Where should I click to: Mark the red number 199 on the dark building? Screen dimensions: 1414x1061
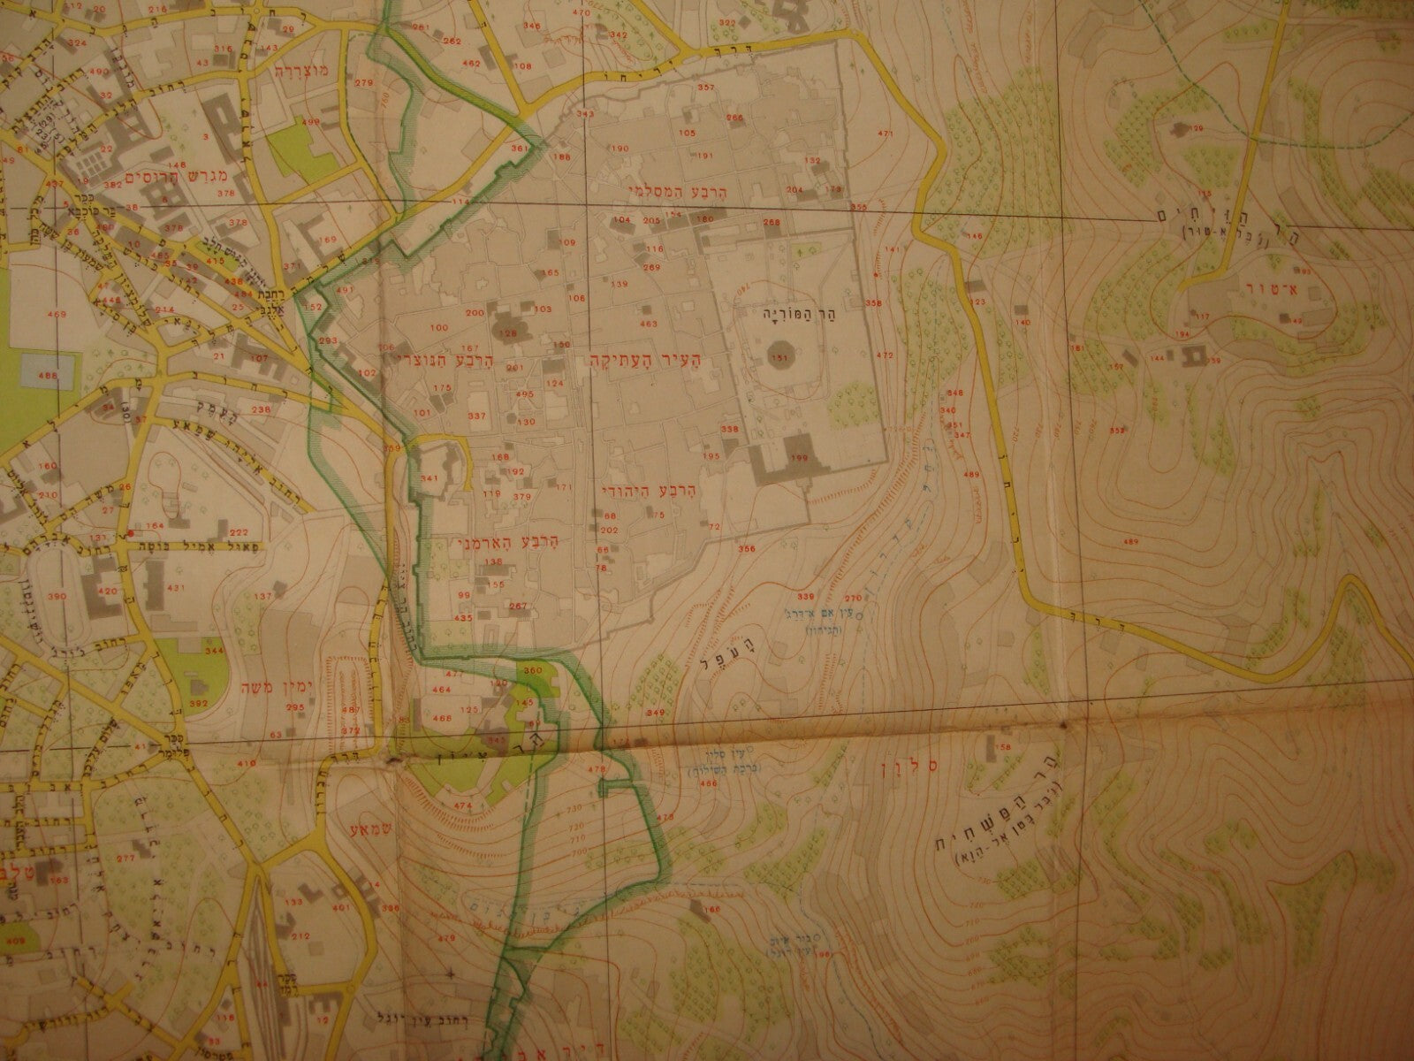[800, 457]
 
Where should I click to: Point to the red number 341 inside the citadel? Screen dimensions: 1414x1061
[430, 478]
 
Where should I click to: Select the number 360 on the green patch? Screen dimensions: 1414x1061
[532, 671]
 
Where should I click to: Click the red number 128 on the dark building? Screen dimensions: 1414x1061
[508, 332]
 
